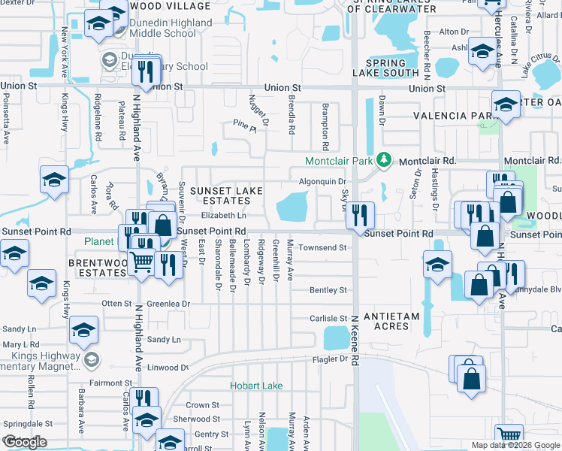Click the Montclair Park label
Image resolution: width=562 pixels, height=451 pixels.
(340, 162)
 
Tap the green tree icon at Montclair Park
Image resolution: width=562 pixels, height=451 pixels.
(384, 160)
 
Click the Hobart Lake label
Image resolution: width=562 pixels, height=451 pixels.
(256, 386)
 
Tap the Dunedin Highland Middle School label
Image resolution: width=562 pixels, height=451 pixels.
(171, 29)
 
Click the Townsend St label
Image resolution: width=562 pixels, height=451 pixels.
(321, 247)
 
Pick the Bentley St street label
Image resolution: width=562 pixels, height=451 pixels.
(328, 290)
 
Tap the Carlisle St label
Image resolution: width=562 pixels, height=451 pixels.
(328, 319)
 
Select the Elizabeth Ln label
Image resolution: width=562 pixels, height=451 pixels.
(228, 216)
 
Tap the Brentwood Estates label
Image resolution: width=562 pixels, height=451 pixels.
(98, 268)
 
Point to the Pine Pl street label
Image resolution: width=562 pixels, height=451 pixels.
(244, 125)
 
